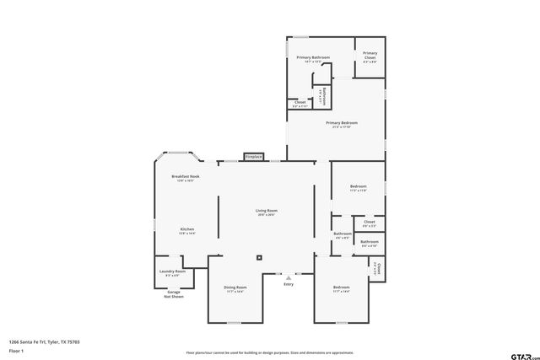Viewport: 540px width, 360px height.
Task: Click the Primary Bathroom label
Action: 312,57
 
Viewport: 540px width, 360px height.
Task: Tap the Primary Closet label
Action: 370,56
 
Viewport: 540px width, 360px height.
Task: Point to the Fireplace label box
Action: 254,156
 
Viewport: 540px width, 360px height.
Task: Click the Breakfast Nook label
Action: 185,176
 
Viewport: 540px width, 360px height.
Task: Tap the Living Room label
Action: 267,211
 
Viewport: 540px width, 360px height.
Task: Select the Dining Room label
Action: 235,287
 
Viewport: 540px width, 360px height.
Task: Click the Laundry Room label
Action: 173,271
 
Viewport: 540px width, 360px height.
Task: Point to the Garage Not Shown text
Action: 173,294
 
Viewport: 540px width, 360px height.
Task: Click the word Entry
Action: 289,284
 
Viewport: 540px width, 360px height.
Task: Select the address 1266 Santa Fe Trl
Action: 44,342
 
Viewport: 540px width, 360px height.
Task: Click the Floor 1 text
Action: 15,350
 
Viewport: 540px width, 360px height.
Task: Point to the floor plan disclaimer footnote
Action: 270,352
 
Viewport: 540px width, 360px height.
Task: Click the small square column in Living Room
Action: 259,257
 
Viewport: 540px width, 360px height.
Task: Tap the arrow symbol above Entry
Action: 289,276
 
